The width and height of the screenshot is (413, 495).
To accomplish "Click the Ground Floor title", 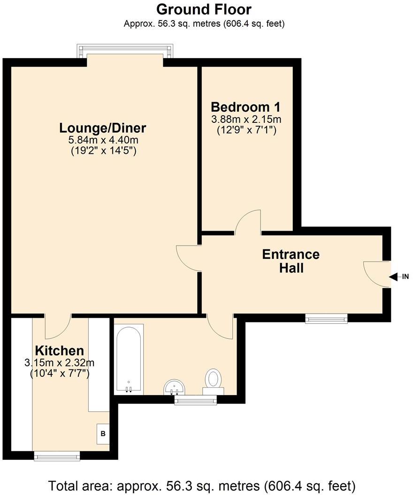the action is pos(204,9).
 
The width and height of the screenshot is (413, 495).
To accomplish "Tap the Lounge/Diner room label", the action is pos(103,128).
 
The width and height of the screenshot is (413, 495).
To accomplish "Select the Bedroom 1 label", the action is pos(245,107).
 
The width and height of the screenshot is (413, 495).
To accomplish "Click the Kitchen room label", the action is pos(60,351).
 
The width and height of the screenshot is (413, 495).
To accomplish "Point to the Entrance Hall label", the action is pos(291,261).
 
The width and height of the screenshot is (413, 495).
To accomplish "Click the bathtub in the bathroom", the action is pos(129,359).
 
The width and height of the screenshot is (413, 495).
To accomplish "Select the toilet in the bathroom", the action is pos(213,382).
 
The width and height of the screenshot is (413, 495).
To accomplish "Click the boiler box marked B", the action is pos(103,434).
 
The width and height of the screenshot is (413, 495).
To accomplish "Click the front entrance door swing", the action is pos(377,274).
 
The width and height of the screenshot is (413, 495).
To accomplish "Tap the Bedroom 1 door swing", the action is pos(248,223).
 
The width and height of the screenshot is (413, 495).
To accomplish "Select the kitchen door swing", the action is pos(58,326).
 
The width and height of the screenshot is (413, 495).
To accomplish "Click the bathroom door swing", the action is pos(220,326).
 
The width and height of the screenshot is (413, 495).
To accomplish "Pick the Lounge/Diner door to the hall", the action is pos(189,258).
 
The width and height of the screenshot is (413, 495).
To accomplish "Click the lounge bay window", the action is pos(125,51).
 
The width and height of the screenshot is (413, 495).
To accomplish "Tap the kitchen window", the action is pos(57,456).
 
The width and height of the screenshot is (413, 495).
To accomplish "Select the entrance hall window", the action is pos(327,319).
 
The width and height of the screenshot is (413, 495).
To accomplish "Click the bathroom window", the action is pos(196,400).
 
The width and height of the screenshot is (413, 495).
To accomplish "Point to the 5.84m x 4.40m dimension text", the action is pos(103,140).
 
